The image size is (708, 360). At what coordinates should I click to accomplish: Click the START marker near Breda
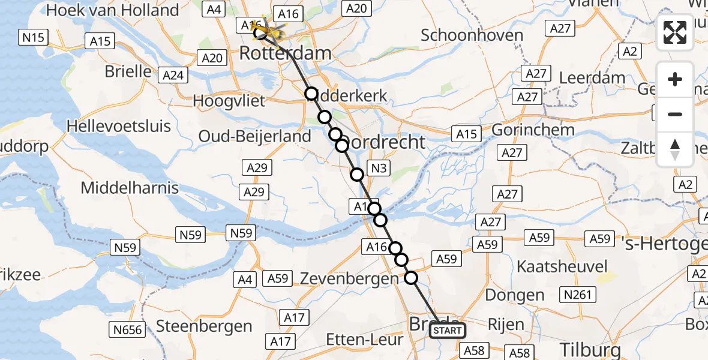448,331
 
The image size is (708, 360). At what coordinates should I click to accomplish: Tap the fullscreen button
675,32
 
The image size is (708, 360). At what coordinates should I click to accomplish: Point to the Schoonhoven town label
472,35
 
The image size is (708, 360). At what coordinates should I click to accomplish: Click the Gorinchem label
533,130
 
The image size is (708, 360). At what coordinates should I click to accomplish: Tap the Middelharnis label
130,188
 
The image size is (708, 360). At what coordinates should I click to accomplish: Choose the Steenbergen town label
204,326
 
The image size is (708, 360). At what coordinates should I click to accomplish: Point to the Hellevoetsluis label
119,127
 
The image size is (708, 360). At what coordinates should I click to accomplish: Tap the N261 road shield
577,295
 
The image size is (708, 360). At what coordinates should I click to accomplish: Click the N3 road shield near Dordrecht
379,169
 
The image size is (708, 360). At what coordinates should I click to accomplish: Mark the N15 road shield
34,38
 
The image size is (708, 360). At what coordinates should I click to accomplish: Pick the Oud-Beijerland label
255,136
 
